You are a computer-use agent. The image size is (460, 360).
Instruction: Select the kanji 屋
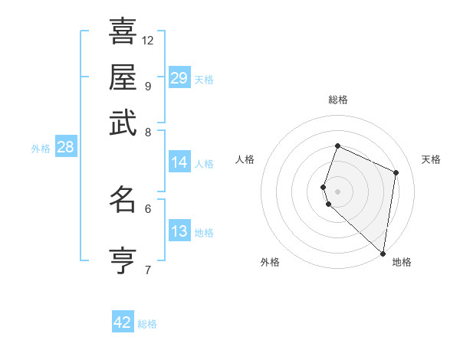(123, 77)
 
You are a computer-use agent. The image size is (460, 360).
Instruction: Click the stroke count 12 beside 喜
(148, 40)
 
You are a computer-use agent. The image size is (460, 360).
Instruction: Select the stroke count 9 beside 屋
(147, 86)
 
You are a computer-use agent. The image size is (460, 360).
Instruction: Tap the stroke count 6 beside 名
(148, 208)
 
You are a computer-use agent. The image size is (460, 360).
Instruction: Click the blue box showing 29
(179, 78)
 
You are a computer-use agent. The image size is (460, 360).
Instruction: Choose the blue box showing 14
(179, 162)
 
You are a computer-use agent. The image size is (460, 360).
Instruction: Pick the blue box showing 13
(179, 231)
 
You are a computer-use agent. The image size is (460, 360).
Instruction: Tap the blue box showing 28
(65, 148)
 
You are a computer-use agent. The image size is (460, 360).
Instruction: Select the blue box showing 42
(123, 322)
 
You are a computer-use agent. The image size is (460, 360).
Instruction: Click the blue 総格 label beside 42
(147, 324)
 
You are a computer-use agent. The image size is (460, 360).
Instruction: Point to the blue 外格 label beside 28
(41, 149)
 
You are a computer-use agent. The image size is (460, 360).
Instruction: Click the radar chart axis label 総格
(337, 100)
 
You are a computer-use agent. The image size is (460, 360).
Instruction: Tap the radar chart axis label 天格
(431, 159)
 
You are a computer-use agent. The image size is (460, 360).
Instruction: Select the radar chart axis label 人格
(245, 159)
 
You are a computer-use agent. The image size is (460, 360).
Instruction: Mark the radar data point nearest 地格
(383, 254)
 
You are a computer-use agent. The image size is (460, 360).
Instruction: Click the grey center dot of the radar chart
(337, 191)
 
